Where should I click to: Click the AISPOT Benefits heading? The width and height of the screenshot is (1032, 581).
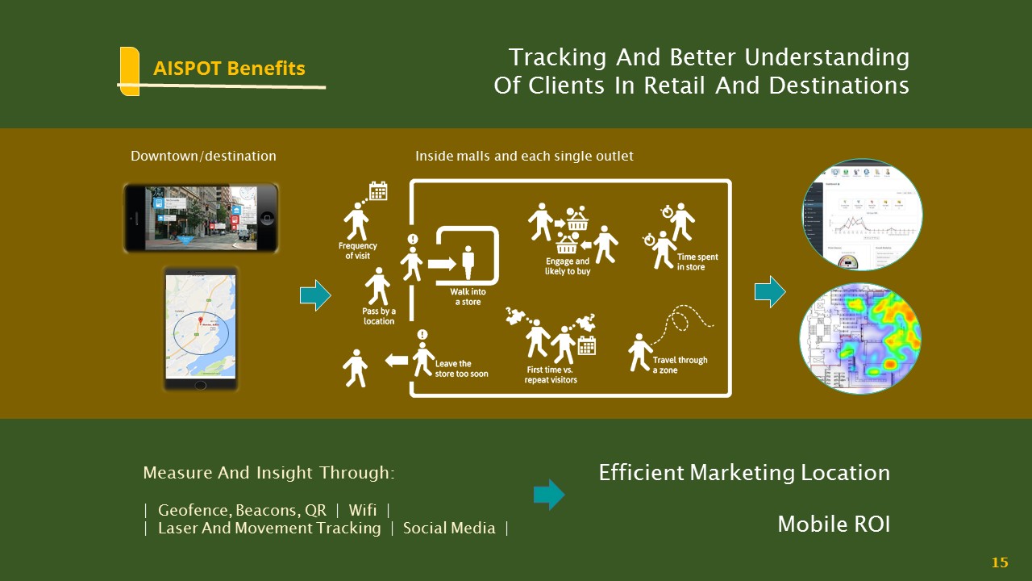[229, 69]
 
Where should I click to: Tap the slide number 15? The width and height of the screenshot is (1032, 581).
[1000, 562]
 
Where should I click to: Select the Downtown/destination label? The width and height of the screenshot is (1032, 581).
[203, 156]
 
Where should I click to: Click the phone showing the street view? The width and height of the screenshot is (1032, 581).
[201, 217]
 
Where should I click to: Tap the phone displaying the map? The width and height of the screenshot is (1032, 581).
[201, 328]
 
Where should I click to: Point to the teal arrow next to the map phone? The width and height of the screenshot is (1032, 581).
[315, 295]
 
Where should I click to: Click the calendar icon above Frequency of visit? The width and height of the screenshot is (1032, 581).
[378, 191]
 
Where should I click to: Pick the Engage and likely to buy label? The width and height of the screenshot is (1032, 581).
[568, 266]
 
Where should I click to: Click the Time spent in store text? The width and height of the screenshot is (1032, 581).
[697, 261]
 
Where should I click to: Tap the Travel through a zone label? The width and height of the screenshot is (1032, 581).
[680, 365]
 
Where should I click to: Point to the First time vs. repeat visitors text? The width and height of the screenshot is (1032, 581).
[551, 374]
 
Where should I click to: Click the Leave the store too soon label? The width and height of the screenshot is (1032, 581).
[461, 369]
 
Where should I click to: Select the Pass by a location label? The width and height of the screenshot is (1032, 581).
[378, 316]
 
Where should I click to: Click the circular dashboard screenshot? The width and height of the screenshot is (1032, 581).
[862, 215]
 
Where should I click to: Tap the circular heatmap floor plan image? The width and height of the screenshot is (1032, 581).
[860, 339]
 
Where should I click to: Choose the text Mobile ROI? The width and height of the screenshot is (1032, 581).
[834, 525]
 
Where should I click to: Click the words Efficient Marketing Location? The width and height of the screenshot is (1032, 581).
[744, 473]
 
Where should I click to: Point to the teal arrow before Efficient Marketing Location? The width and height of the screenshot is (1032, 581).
[549, 495]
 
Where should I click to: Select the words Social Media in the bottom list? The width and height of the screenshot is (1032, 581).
[449, 529]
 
